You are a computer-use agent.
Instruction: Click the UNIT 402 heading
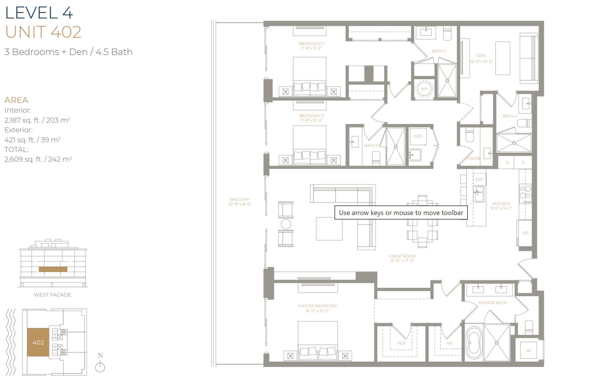(43, 32)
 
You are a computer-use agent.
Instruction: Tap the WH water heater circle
(424, 89)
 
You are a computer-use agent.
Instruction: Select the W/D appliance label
(418, 136)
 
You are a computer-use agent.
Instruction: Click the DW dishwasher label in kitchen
(479, 179)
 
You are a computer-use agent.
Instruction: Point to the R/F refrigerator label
(526, 233)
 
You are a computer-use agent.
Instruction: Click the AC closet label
(529, 350)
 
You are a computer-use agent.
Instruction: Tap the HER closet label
(401, 343)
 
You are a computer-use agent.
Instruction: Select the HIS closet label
(449, 343)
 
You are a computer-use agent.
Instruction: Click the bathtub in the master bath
(474, 343)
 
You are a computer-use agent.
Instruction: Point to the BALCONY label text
(240, 199)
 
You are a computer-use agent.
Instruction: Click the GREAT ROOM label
(402, 256)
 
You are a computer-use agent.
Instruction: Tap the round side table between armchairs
(286, 224)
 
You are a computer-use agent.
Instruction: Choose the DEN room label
(481, 56)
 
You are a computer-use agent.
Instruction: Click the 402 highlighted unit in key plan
(38, 342)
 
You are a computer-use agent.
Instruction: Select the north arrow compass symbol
(100, 367)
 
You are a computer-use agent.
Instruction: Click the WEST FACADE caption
(52, 295)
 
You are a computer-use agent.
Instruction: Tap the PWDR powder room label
(473, 158)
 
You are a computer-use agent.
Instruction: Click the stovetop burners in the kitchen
(525, 193)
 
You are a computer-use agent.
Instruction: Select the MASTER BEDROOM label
(317, 306)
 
